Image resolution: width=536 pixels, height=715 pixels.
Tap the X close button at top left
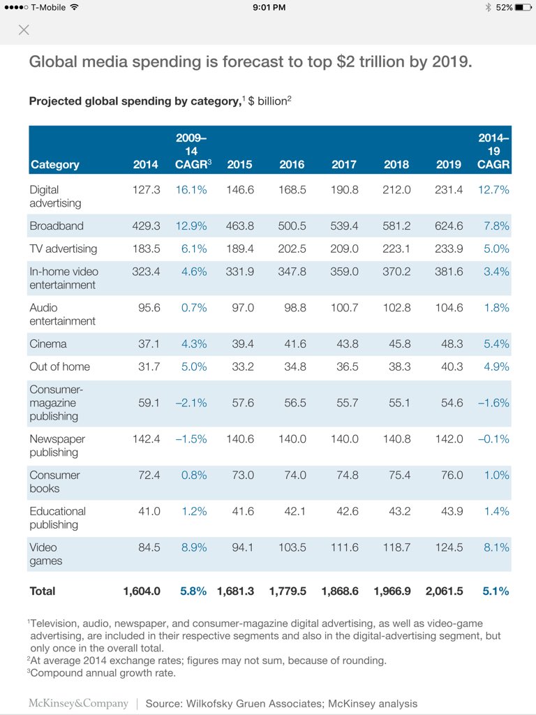click(24, 30)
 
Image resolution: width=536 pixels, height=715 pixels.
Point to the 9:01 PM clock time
click(269, 7)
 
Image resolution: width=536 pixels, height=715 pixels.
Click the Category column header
click(54, 165)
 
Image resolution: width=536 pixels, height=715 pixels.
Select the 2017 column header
click(343, 165)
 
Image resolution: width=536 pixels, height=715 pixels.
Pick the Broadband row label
click(57, 226)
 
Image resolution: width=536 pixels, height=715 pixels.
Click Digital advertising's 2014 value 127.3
click(146, 190)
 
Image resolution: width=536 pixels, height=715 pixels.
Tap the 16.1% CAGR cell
click(191, 190)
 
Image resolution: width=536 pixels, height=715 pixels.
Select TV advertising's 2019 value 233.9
click(449, 249)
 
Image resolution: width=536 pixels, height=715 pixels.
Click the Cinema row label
click(48, 344)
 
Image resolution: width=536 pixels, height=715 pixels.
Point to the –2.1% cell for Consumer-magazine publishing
click(191, 403)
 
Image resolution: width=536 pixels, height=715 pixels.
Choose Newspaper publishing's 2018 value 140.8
click(396, 438)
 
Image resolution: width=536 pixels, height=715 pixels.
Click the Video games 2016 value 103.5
click(292, 547)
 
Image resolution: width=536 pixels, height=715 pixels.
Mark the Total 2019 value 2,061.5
click(444, 591)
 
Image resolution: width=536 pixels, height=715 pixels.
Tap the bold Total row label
click(43, 591)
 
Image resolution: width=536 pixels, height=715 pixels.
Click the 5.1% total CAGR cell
click(496, 591)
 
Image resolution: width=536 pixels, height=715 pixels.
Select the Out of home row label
click(60, 367)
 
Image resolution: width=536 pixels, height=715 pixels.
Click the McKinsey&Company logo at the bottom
click(78, 703)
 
